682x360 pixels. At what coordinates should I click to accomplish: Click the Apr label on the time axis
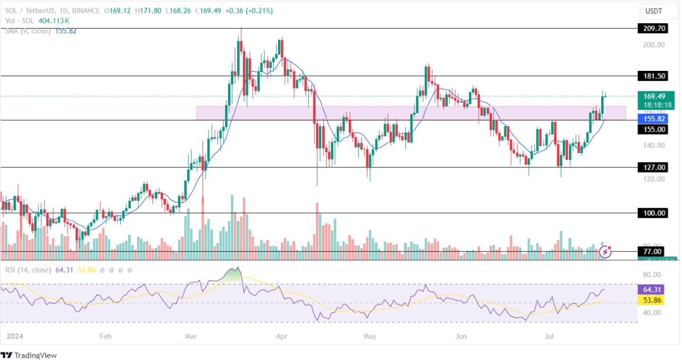coord(282,337)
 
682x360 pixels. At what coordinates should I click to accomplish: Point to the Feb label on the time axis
coord(106,337)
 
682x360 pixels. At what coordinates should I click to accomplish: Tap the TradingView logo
coord(29,355)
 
